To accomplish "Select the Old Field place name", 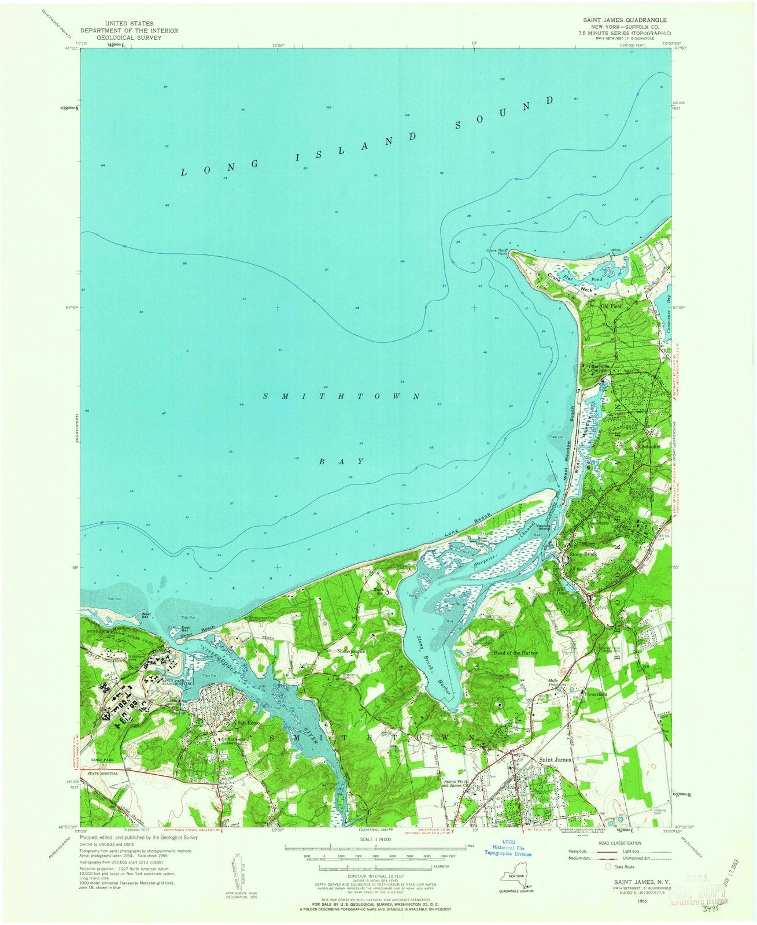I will pyautogui.click(x=612, y=306).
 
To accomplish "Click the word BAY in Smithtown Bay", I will pyautogui.click(x=342, y=461).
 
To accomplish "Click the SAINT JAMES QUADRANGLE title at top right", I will pyautogui.click(x=619, y=19).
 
